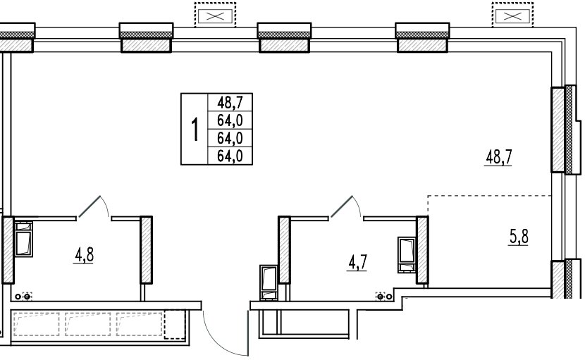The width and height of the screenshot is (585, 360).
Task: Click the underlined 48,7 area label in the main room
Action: coord(498,157)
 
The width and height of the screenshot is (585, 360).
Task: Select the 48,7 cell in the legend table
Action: coord(230,102)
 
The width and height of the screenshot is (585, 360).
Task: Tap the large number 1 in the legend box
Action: coord(195,129)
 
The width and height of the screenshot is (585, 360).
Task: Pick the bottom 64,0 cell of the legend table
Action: coord(230,156)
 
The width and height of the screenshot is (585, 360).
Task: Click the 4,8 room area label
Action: coord(84,256)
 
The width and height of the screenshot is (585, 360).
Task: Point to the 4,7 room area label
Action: coord(358,262)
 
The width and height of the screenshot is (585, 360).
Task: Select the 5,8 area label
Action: coord(519,237)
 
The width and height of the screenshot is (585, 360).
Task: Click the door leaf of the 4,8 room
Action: coord(89,206)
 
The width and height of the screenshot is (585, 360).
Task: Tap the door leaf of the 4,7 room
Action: coord(341,206)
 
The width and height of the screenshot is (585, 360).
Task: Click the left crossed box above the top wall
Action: coord(215,15)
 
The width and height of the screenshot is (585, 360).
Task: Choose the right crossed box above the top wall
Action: coord(512,15)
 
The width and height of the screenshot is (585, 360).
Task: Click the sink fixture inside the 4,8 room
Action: coord(23,239)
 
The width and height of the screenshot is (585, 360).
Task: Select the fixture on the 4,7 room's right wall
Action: coord(407,255)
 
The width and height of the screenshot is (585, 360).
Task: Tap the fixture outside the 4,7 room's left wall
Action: coord(269,283)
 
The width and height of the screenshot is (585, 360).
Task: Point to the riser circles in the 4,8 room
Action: coord(23,297)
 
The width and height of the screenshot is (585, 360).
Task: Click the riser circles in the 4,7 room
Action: coord(384,297)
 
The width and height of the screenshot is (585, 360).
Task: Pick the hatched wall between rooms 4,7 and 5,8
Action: coord(422,250)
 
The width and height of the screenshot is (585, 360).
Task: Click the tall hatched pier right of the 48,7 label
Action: coord(558,130)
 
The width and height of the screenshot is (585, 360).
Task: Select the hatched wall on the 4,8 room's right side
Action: coord(147,250)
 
